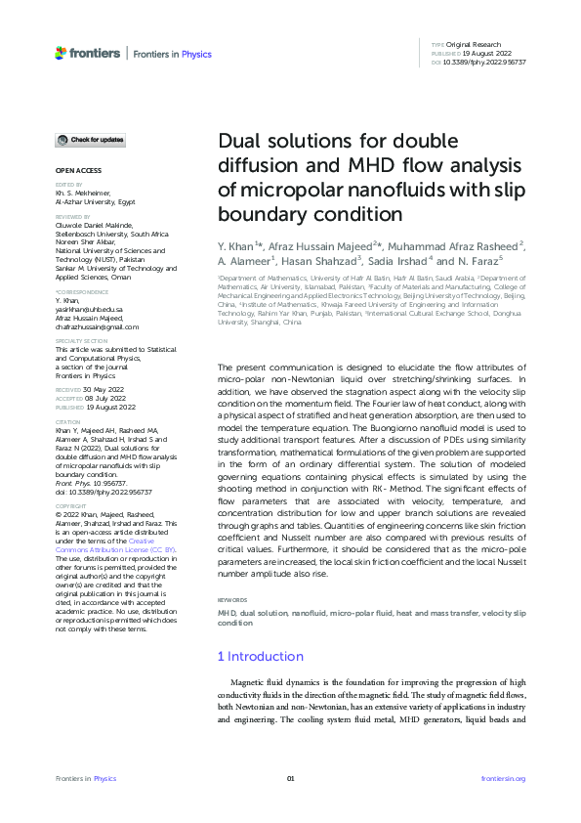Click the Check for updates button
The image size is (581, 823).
(90, 141)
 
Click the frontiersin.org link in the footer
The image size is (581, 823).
(504, 778)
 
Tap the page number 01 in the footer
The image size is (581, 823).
(290, 778)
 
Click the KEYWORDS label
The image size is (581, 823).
(230, 599)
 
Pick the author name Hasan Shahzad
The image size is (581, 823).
(325, 261)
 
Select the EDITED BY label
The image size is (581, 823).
(67, 185)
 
